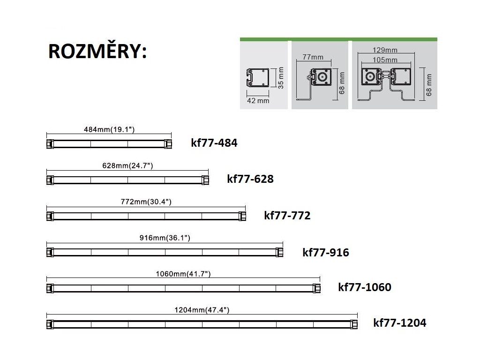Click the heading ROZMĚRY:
tap(97, 52)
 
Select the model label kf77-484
tap(214, 142)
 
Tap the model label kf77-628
tap(250, 179)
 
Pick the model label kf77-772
tap(287, 216)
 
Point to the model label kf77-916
tap(326, 253)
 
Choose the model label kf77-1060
tap(365, 287)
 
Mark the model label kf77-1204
tap(400, 322)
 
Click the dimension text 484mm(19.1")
tap(109, 129)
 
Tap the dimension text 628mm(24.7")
tap(127, 165)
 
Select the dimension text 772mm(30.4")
tap(146, 202)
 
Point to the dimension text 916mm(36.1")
tap(165, 238)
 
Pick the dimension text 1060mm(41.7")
tap(183, 274)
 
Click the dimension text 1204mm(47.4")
tap(202, 310)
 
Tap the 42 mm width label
tap(258, 101)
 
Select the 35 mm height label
tap(281, 78)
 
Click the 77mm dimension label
tap(313, 57)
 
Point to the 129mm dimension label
tap(385, 50)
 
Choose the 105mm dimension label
tap(385, 60)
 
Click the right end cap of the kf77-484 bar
tap(169, 143)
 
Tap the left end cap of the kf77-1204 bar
tap(49, 323)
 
